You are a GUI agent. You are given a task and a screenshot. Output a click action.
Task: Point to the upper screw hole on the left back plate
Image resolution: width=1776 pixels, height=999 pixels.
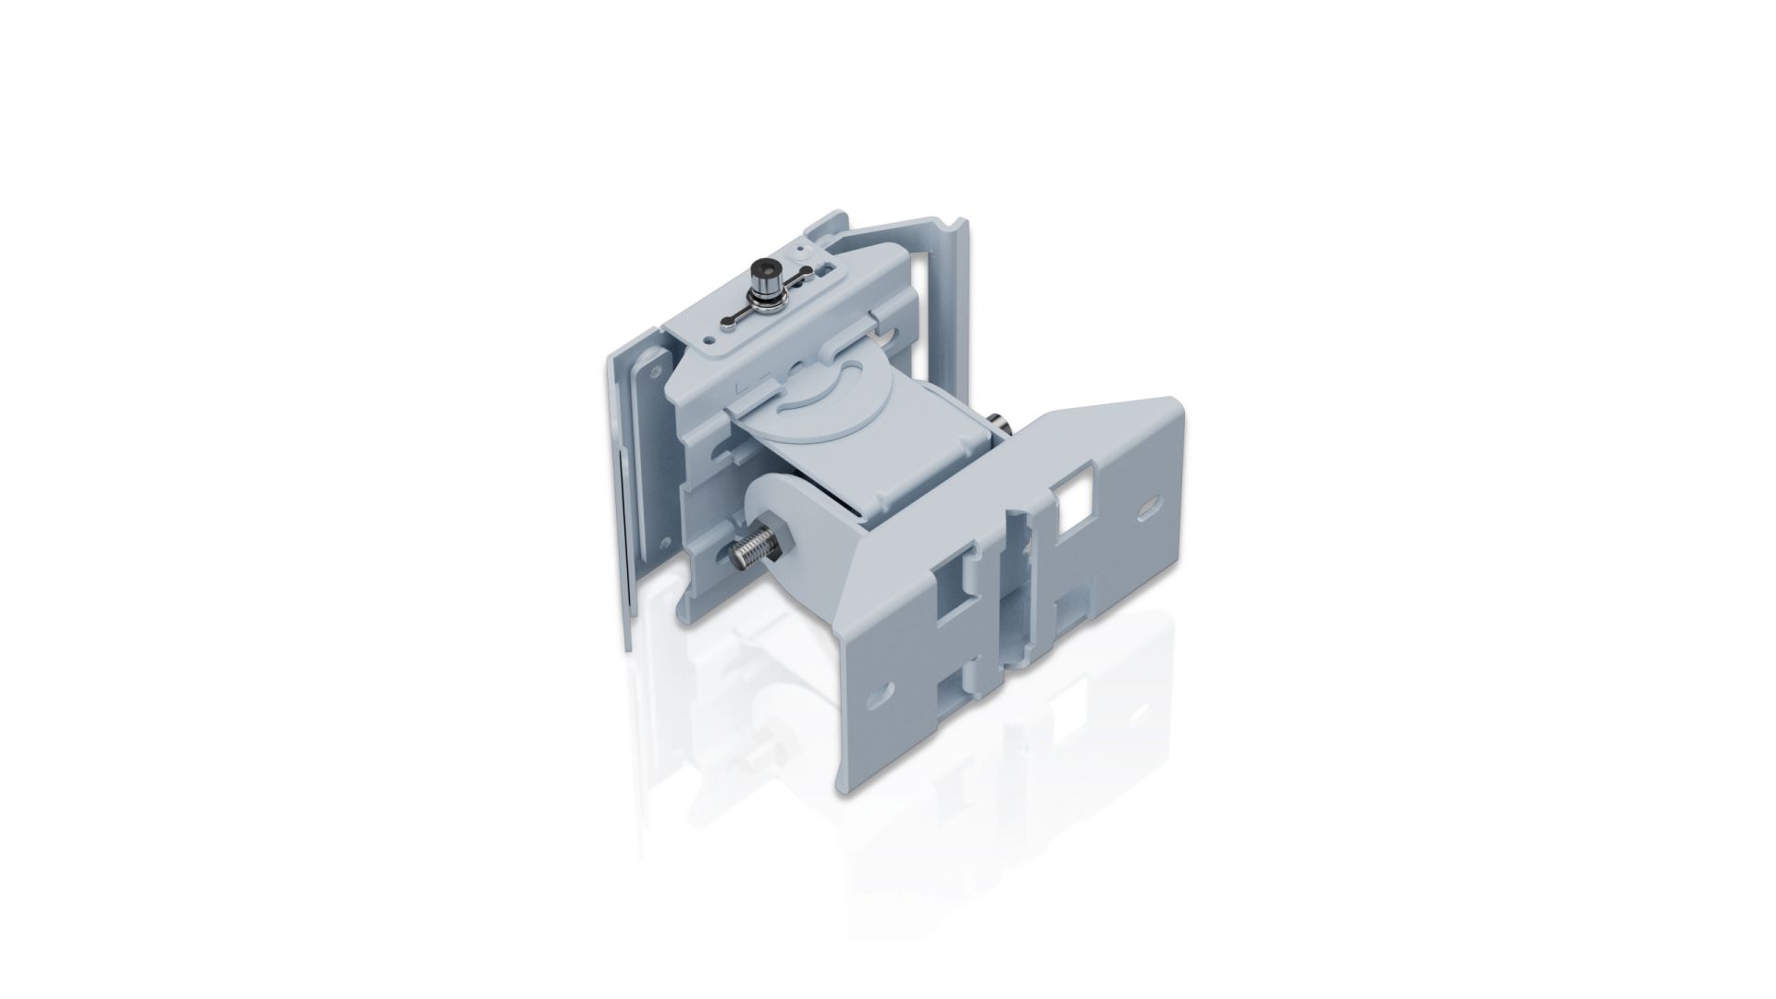pyautogui.click(x=656, y=369)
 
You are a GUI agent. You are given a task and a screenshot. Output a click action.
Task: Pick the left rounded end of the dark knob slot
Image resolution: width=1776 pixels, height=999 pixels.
pyautogui.click(x=731, y=322)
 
